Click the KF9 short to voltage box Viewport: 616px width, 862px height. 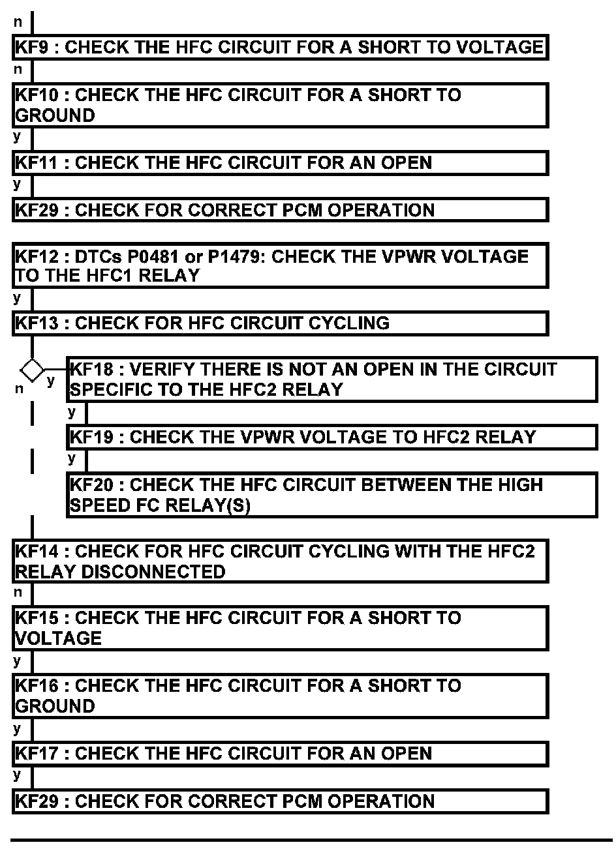point(280,48)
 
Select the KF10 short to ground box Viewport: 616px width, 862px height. point(280,105)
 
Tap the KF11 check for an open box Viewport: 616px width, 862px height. point(280,162)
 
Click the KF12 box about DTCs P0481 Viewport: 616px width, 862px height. point(280,265)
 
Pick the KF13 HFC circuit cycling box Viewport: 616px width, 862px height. point(280,323)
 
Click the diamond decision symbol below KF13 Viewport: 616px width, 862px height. point(31,370)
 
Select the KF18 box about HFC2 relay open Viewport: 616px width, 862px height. point(331,379)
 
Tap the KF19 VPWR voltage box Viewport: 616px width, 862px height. point(331,437)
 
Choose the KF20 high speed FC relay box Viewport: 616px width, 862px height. point(331,495)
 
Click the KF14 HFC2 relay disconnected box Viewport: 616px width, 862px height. point(280,561)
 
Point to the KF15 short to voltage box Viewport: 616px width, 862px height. point(280,628)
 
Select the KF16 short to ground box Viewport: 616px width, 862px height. point(280,696)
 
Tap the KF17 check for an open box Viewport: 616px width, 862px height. point(280,754)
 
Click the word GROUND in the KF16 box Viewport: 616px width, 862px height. point(55,706)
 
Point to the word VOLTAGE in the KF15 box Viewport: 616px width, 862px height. point(58,638)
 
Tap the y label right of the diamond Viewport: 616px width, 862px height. point(51,380)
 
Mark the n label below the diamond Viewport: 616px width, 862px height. point(19,389)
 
